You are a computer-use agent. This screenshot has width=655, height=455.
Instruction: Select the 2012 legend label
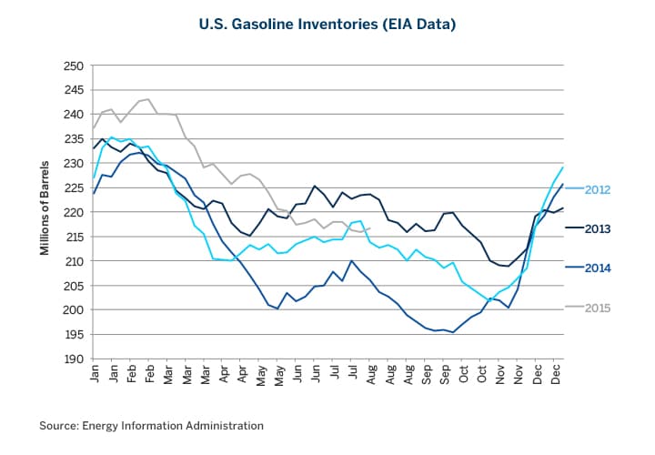[596, 189]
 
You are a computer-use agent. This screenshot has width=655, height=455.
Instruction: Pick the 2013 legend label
[596, 228]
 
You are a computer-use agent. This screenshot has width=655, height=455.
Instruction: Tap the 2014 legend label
[596, 268]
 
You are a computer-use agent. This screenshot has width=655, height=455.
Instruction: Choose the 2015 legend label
[596, 308]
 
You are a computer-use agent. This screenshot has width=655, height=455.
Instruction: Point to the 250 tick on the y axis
[74, 66]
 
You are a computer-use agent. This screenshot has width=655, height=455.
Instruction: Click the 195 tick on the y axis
[74, 334]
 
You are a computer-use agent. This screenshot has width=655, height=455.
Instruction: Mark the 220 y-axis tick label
[74, 212]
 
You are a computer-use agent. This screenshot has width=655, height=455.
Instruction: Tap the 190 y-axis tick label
[74, 359]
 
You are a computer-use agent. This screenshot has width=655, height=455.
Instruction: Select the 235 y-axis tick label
[74, 139]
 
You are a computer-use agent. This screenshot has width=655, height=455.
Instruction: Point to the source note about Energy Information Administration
[151, 425]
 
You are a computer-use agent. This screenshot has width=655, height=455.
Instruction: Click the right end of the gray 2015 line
[369, 227]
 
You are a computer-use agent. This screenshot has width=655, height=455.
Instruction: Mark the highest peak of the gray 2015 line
[149, 99]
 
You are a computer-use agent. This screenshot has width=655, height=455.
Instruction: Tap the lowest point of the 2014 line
[453, 332]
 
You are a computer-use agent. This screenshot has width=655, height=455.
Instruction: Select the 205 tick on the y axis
[74, 285]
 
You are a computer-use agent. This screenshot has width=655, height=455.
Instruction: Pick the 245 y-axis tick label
[74, 90]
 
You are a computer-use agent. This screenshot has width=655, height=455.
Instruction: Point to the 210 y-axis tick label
[74, 261]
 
